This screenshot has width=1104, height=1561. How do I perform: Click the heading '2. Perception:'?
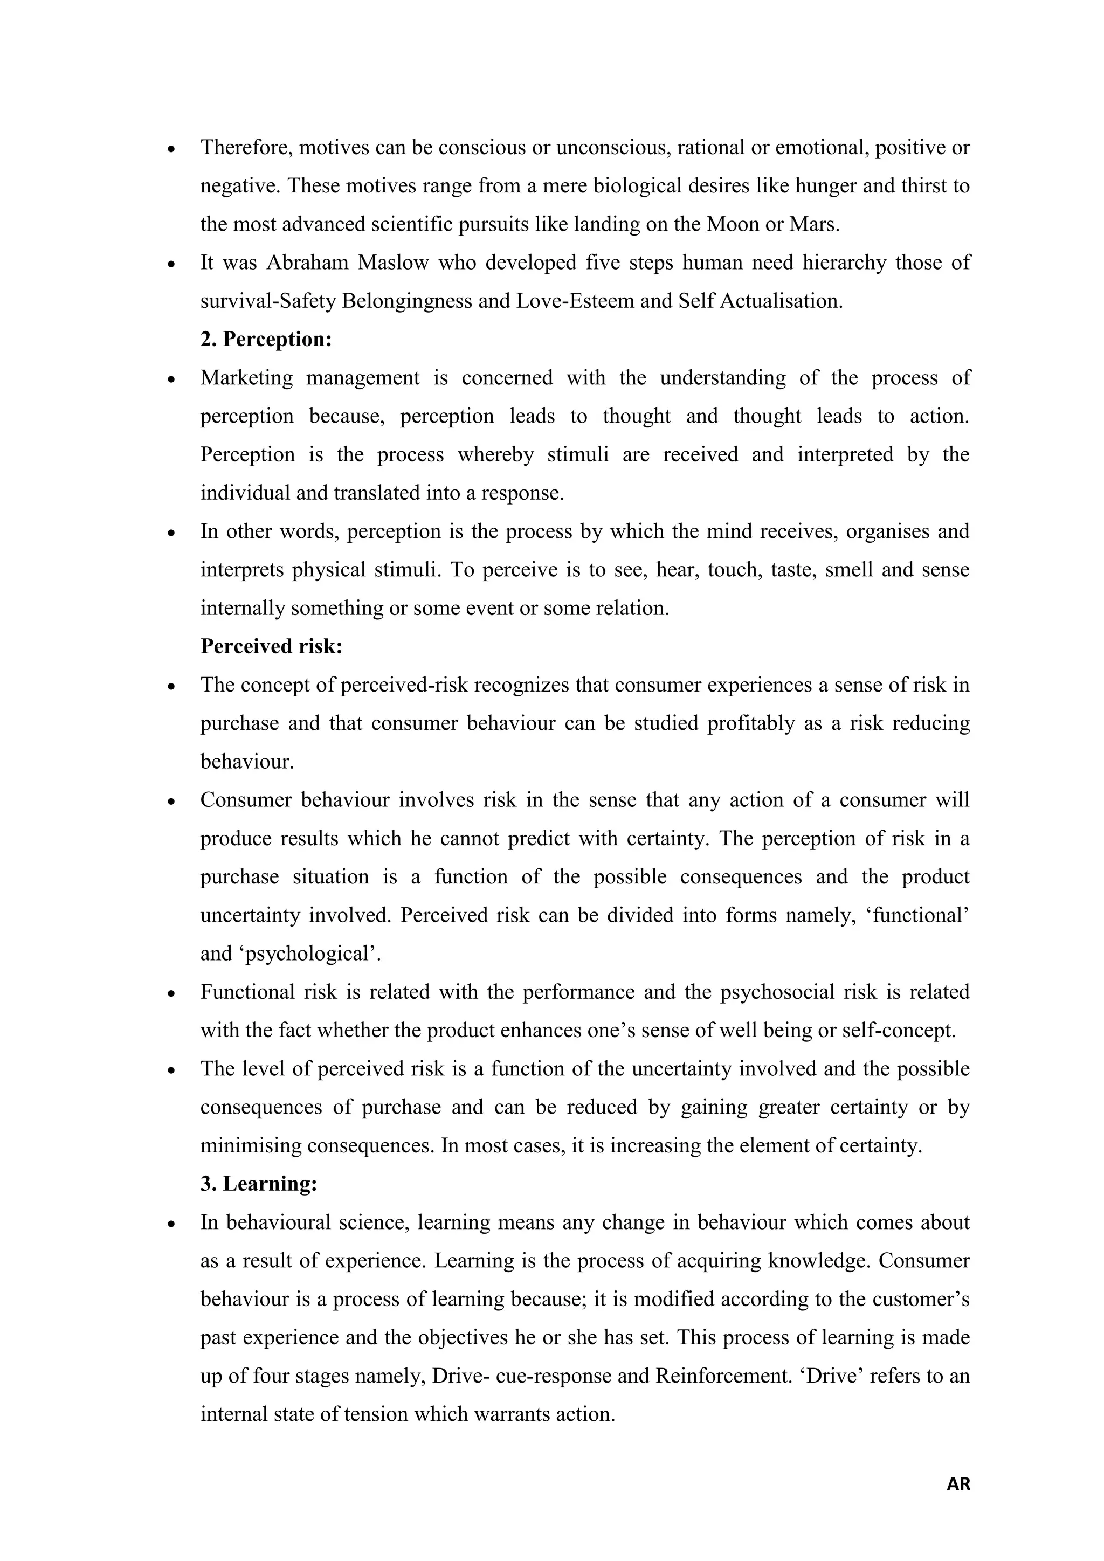(x=266, y=339)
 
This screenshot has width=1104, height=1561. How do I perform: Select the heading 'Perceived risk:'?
(x=271, y=646)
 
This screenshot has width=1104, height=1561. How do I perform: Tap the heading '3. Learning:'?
(x=259, y=1184)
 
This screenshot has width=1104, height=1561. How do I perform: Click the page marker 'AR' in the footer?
(x=958, y=1484)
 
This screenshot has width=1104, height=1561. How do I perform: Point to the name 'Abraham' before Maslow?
(x=307, y=263)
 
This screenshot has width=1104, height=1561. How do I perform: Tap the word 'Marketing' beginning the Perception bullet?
(x=246, y=378)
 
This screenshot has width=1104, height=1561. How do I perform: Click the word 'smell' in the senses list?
(x=848, y=569)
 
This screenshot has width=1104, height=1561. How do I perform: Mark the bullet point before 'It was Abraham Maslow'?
(x=172, y=264)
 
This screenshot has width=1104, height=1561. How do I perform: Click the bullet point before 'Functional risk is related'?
(x=172, y=993)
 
